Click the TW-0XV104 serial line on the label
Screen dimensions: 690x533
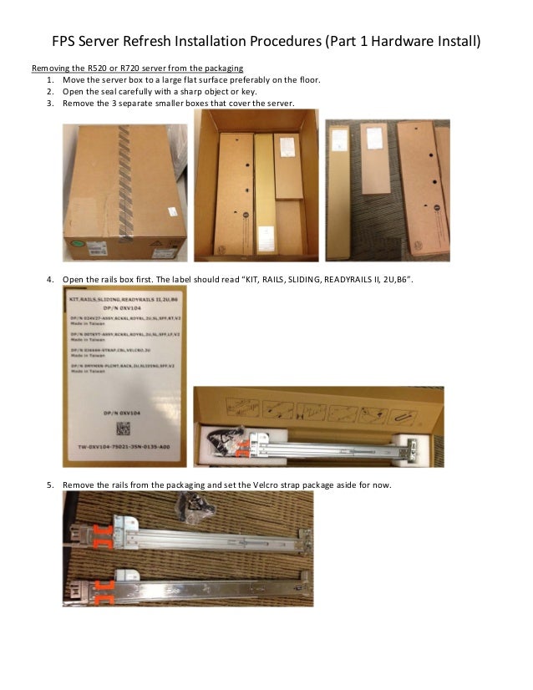122,446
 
